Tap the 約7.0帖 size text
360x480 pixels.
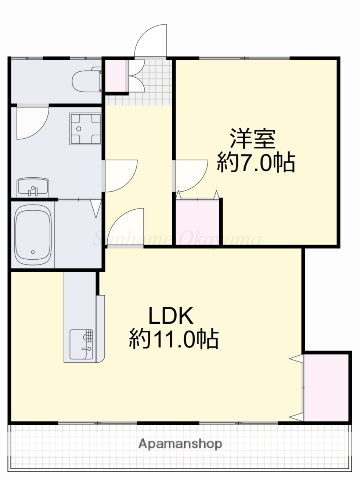tap(256, 162)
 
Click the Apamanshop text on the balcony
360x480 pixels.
tap(180, 442)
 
